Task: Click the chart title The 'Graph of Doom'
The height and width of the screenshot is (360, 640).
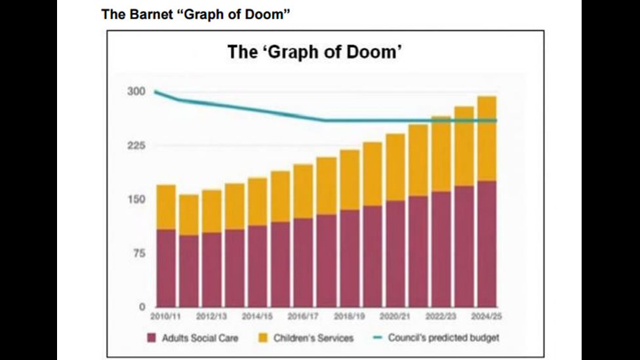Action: [314, 52]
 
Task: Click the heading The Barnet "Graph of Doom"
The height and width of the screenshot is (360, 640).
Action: [195, 14]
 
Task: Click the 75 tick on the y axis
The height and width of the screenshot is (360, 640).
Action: [138, 254]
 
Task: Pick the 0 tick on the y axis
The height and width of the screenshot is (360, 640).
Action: [140, 307]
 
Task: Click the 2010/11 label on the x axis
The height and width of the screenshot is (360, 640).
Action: [165, 317]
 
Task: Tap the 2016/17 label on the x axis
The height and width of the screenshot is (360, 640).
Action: [303, 317]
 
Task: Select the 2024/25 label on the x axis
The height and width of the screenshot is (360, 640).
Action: [487, 317]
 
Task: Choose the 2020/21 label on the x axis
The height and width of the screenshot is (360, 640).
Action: [395, 317]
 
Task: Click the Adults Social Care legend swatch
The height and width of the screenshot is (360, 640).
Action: [151, 338]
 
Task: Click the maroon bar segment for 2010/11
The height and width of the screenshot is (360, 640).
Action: [165, 268]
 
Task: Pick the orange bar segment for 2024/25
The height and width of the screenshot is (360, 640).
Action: [487, 138]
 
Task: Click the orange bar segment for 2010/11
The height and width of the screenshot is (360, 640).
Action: [165, 207]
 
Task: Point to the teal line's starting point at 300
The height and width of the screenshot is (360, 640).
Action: [156, 92]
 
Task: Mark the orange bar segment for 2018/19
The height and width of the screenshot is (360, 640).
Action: [349, 180]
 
